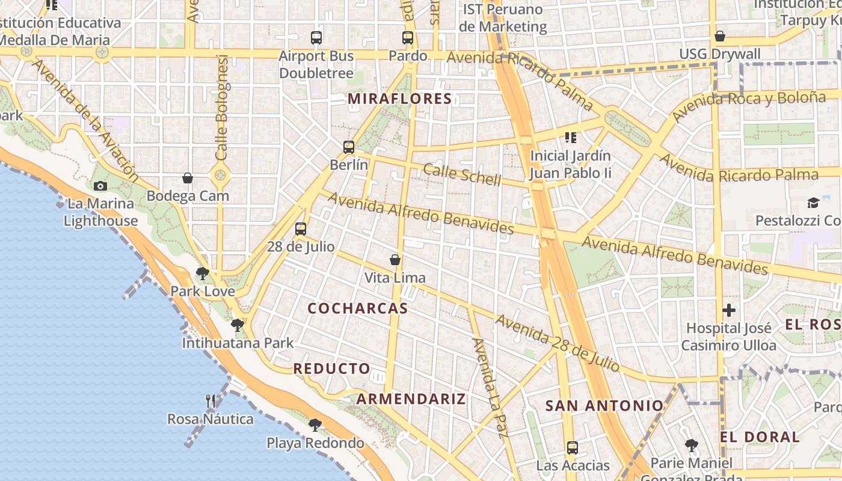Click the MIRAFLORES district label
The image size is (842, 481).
[x=400, y=99]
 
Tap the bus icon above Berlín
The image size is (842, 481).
[x=349, y=147]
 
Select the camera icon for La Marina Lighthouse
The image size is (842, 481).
[x=100, y=186]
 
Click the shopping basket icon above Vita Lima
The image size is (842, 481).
[x=395, y=260]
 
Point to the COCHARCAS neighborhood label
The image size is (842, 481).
[x=358, y=308]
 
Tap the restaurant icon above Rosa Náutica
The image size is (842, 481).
[x=210, y=401]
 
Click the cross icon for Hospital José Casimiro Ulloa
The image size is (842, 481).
[x=729, y=310]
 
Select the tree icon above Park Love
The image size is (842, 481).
[x=203, y=274]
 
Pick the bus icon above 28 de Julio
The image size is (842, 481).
[x=301, y=228]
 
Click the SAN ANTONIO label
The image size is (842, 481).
[x=604, y=406]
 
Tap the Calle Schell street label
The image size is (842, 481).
[x=462, y=174]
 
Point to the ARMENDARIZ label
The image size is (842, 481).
[x=411, y=399]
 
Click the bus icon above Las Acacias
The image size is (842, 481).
[x=573, y=447]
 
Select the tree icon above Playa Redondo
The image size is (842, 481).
[x=315, y=425]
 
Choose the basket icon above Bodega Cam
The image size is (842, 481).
[x=188, y=178]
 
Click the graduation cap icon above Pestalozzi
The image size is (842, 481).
[x=813, y=203]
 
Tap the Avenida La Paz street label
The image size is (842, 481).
[x=488, y=388]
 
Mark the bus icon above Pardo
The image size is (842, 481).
[x=408, y=38]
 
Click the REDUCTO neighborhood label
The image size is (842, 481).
[x=331, y=369]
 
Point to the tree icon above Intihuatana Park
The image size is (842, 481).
[x=238, y=325]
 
